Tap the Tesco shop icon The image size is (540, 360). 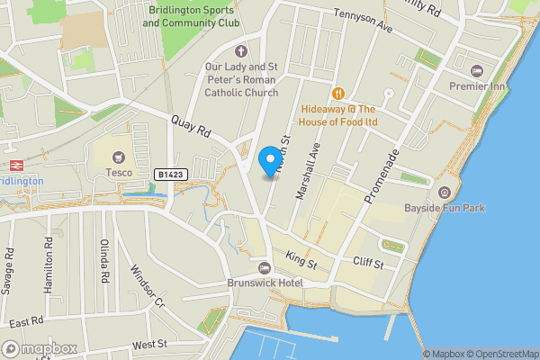tap(119, 156)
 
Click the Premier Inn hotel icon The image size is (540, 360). tap(476, 70)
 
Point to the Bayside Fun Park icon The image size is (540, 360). tap(444, 193)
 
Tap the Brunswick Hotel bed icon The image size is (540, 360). tap(265, 267)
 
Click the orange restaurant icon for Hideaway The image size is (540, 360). tap(339, 92)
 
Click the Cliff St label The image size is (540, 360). tap(368, 265)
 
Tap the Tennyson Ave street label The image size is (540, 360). tap(363, 22)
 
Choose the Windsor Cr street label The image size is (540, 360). tap(148, 286)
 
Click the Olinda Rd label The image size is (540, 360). tap(104, 263)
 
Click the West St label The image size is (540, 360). tap(149, 344)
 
